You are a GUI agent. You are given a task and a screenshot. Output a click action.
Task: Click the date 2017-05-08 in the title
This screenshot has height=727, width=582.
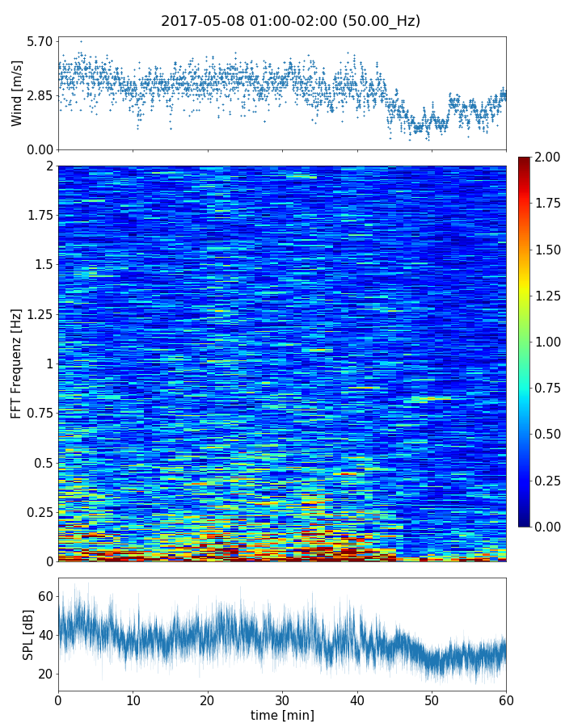click(199, 21)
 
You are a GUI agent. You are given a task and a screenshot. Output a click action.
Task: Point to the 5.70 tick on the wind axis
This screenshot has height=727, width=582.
click(39, 41)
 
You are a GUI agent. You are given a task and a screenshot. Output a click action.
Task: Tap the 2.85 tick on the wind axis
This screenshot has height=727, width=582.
click(39, 95)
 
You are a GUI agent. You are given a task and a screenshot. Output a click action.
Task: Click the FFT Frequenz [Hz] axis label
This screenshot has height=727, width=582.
click(17, 363)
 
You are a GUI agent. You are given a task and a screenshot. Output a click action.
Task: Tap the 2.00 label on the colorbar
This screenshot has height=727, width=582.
click(548, 157)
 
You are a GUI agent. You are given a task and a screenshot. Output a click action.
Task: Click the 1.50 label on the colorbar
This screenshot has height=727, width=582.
click(548, 250)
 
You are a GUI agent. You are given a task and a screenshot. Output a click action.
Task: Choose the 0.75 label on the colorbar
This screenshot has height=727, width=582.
click(548, 388)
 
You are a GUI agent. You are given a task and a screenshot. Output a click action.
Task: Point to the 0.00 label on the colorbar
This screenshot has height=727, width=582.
click(548, 527)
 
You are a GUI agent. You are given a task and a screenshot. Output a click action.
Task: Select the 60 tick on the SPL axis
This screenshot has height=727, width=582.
click(45, 596)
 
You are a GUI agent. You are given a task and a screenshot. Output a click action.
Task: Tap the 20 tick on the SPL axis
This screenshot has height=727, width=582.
click(45, 674)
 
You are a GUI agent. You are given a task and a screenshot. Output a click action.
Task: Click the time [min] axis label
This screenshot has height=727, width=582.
click(282, 715)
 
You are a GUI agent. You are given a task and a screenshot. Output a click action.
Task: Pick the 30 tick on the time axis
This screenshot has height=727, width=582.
click(282, 699)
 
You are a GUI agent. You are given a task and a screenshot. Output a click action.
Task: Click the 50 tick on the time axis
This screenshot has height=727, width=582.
click(432, 699)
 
